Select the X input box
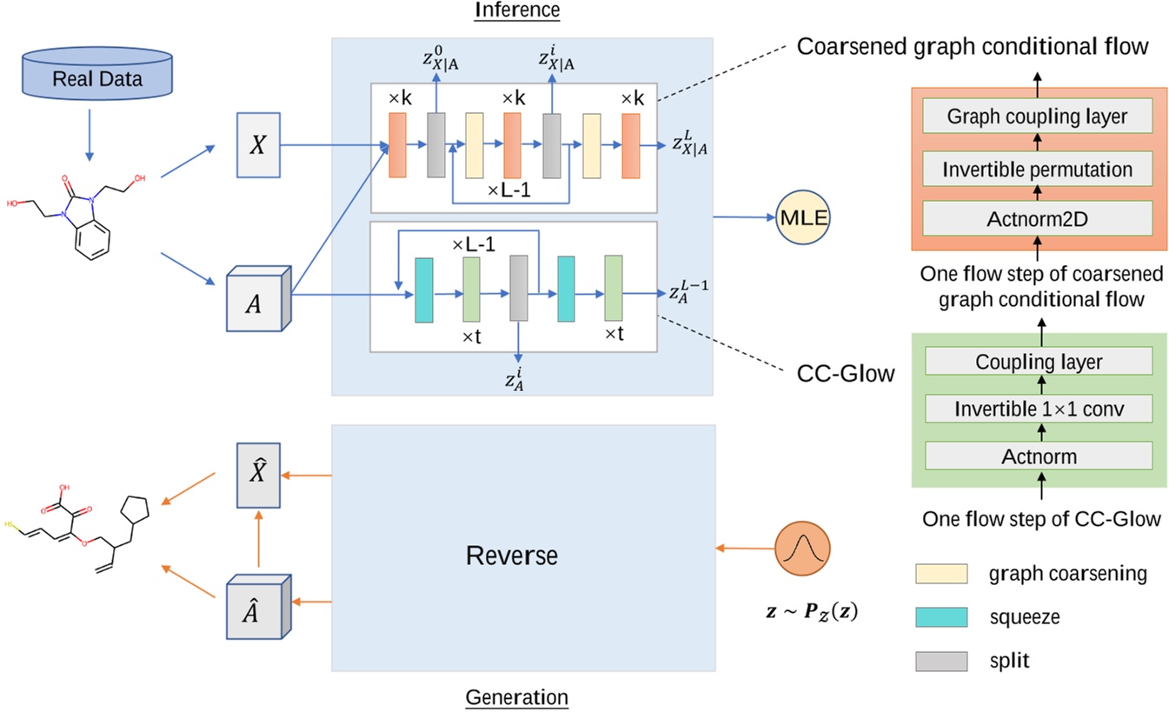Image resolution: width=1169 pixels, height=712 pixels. tap(258, 145)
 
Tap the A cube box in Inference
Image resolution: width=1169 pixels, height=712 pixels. tap(255, 303)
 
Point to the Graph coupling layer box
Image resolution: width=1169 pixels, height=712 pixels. tap(1037, 116)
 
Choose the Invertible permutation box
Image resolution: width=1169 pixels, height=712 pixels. tap(1037, 169)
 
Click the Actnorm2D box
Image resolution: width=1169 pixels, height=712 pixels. tap(1037, 220)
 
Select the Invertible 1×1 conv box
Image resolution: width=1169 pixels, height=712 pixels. tap(1039, 408)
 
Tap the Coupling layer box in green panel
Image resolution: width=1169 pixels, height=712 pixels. tap(1039, 361)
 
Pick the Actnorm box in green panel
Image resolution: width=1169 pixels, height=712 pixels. tap(1039, 455)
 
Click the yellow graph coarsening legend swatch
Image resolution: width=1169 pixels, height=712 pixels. tap(940, 574)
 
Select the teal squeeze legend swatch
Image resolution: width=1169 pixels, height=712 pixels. tap(940, 617)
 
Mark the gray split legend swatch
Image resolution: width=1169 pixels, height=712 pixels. tap(940, 661)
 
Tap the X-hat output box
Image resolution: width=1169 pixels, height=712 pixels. tap(258, 476)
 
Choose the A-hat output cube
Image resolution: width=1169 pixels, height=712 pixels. tap(256, 607)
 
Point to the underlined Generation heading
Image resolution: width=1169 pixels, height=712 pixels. tap(517, 697)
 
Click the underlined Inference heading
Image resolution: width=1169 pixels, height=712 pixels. tap(517, 10)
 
